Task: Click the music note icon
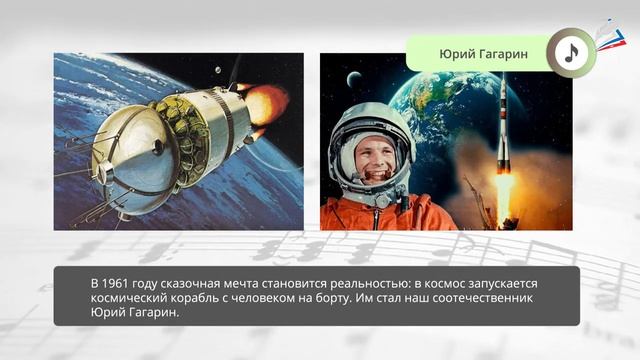[571, 53]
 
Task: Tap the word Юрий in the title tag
[454, 53]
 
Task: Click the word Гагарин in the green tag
[504, 53]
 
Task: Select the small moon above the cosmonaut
[353, 79]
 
